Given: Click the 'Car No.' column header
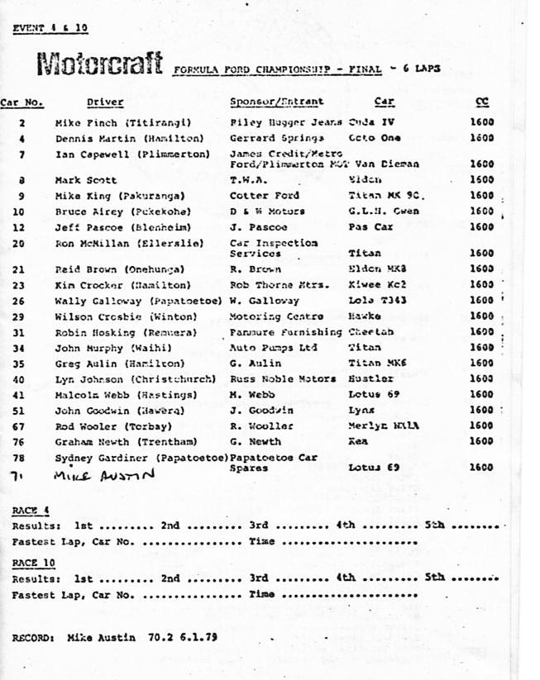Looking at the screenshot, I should tap(22, 102).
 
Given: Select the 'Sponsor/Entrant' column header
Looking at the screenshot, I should tap(276, 102).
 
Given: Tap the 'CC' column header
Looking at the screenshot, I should tap(482, 102).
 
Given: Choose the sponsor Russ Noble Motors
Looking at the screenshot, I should tap(283, 379).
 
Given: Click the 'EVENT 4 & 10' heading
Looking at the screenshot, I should tap(50, 28).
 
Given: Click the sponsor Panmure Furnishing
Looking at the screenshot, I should tap(285, 332).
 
